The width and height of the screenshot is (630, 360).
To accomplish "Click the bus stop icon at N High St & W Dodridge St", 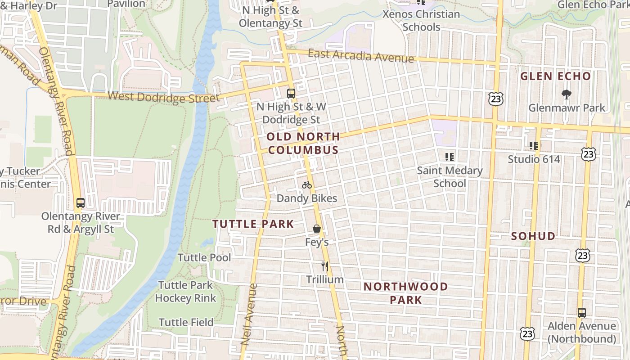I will point(291,94).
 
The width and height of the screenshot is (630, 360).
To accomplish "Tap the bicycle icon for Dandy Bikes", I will point(307,185).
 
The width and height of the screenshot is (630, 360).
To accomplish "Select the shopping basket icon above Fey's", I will point(317,229).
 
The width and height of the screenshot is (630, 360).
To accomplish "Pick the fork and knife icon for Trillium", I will point(325,266).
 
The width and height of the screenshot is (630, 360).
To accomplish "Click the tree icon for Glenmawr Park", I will point(567,94).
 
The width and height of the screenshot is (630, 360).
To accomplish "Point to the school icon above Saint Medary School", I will point(449,157).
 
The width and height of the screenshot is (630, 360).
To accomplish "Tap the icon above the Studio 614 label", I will point(534,145).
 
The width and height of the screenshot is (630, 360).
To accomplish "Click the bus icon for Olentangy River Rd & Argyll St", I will point(81,203).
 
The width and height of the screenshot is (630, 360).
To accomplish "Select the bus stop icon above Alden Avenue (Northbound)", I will point(582,312).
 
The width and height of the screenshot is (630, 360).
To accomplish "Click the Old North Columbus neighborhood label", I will point(302,143).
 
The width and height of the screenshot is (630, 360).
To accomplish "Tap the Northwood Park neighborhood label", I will point(405,293).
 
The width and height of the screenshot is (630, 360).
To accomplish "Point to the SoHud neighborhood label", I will point(533,236).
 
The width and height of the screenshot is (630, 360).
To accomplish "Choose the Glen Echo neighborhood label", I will point(555,76).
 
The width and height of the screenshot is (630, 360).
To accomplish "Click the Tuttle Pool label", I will point(204,258).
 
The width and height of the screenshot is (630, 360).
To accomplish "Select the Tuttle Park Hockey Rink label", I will point(185,292).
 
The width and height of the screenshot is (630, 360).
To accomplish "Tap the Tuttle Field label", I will point(186,322).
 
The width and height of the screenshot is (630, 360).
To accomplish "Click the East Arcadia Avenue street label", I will point(361,56).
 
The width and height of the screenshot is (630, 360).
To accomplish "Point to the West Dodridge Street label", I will point(164,97).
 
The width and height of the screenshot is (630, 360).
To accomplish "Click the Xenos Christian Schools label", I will point(421,20).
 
